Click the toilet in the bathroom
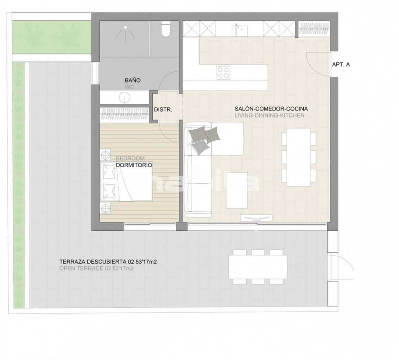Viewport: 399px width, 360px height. click(x=166, y=29)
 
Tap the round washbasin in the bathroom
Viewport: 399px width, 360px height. click(x=125, y=97)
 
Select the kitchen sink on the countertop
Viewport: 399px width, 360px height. click(x=240, y=30)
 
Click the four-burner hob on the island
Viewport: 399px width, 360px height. click(x=223, y=72)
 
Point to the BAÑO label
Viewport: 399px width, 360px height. click(x=133, y=81)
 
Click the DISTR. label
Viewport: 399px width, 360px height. click(x=163, y=110)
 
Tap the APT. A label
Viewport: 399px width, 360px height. click(x=341, y=65)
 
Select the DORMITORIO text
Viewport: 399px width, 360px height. click(x=134, y=165)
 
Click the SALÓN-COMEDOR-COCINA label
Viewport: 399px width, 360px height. click(x=271, y=109)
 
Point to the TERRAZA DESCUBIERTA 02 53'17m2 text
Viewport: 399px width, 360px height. click(x=108, y=262)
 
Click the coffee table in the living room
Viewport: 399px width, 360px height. click(x=237, y=190)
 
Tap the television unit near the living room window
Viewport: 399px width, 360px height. click(x=256, y=218)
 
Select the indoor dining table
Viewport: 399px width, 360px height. click(x=299, y=157)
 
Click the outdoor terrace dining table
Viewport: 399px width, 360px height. click(x=258, y=267)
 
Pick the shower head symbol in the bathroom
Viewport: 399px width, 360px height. click(x=125, y=33)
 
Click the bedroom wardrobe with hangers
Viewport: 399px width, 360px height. click(x=125, y=114)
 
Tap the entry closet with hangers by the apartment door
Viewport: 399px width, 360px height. click(x=314, y=29)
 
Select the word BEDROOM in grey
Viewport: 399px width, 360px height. click(x=130, y=159)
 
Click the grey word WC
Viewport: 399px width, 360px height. click(x=129, y=87)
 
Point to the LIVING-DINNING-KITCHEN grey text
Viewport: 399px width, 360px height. click(x=270, y=116)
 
